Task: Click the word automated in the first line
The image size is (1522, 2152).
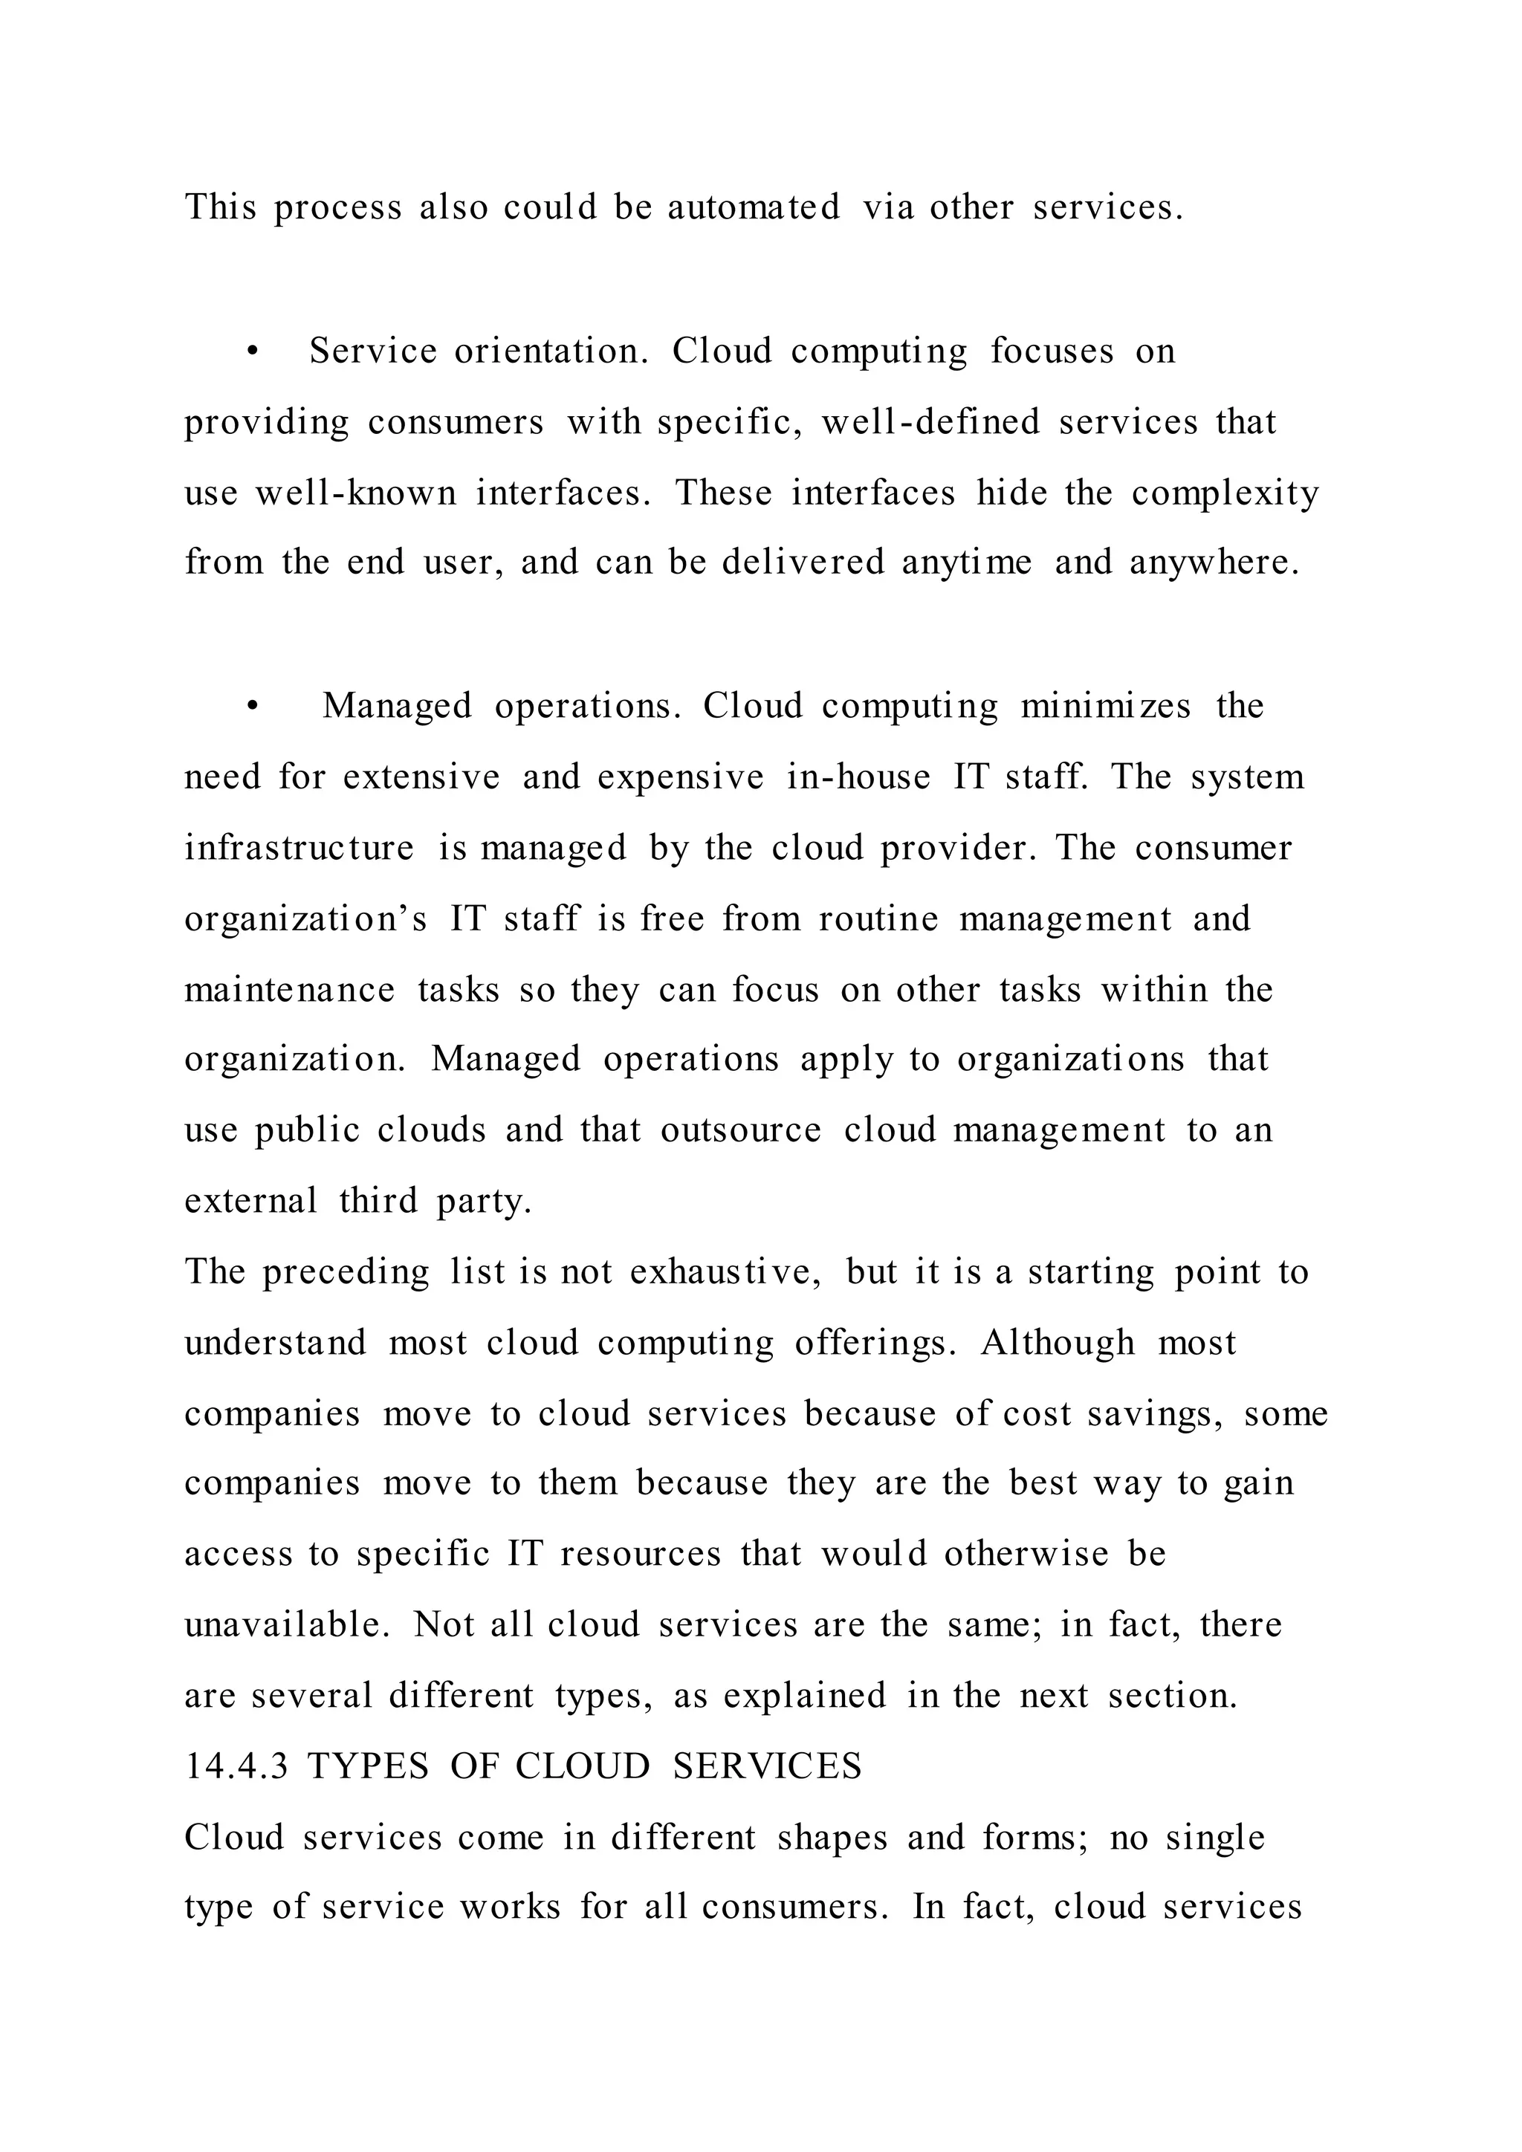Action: (x=754, y=207)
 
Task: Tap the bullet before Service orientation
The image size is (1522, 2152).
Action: (x=251, y=352)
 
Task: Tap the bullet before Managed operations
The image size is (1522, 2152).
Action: (x=251, y=707)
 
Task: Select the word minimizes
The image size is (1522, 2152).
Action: (x=1106, y=706)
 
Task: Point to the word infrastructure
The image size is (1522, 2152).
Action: (x=299, y=847)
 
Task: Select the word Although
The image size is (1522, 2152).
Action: (x=1058, y=1343)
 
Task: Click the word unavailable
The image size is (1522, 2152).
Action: (x=286, y=1625)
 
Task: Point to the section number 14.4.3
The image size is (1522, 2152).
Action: (x=236, y=1767)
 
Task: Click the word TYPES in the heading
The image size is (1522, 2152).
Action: (x=367, y=1767)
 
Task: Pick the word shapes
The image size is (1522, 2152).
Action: (x=832, y=1838)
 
